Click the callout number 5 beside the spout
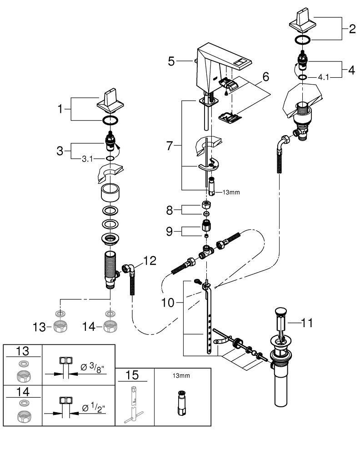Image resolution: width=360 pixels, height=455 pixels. tap(171, 61)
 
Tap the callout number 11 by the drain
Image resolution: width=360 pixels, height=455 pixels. tap(307, 323)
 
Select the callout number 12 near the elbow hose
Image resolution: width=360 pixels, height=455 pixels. tap(150, 261)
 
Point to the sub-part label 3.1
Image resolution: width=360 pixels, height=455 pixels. tap(87, 159)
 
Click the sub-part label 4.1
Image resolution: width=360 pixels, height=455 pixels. tap(324, 77)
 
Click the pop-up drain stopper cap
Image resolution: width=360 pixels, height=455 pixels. tap(280, 312)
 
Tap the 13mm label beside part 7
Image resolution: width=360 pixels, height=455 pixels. tap(231, 192)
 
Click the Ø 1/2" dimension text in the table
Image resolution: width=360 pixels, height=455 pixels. tap(94, 408)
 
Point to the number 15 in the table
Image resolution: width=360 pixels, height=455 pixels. tap(132, 375)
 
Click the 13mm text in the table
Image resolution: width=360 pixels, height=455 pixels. tap(181, 376)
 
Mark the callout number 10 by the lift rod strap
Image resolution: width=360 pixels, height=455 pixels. tap(168, 303)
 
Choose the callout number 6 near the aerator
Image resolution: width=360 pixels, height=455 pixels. tap(265, 76)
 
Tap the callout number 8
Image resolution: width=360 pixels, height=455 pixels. tap(170, 210)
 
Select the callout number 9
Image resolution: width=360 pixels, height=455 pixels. tap(169, 231)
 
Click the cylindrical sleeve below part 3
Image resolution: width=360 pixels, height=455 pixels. tap(110, 192)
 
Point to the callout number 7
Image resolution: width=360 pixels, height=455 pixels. tap(170, 146)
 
